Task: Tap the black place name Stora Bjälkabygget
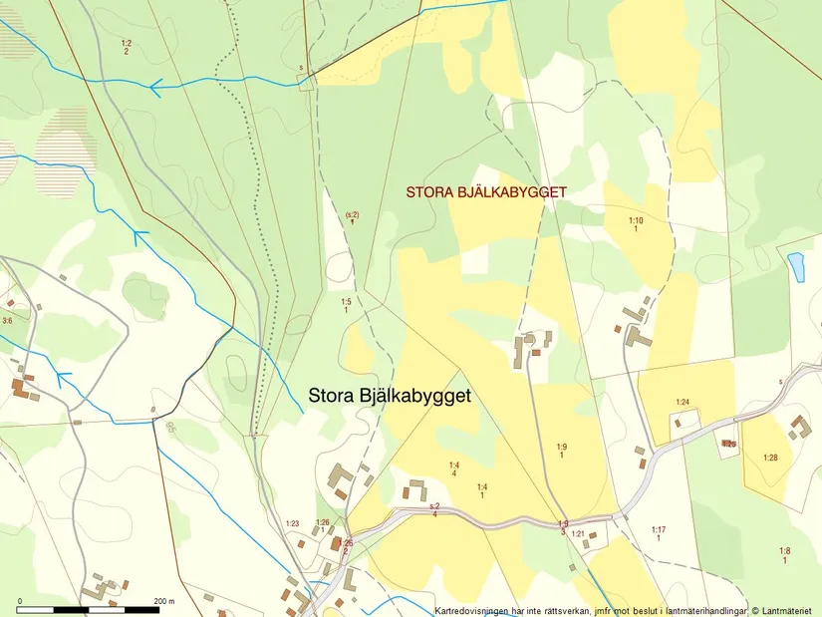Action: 390,395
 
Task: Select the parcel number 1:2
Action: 127,43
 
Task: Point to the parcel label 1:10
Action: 636,220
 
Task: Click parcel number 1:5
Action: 346,301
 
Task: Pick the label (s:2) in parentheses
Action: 352,214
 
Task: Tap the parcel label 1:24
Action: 683,402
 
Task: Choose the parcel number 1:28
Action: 770,458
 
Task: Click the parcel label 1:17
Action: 659,529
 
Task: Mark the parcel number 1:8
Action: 785,551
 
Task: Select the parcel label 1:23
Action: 292,523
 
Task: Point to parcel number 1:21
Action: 578,533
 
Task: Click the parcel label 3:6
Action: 7,321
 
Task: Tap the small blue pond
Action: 795,265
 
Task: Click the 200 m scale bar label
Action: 164,601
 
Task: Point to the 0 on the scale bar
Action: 20,601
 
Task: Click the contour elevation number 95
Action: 170,427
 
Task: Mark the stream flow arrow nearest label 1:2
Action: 155,88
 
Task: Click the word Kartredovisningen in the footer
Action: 474,610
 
